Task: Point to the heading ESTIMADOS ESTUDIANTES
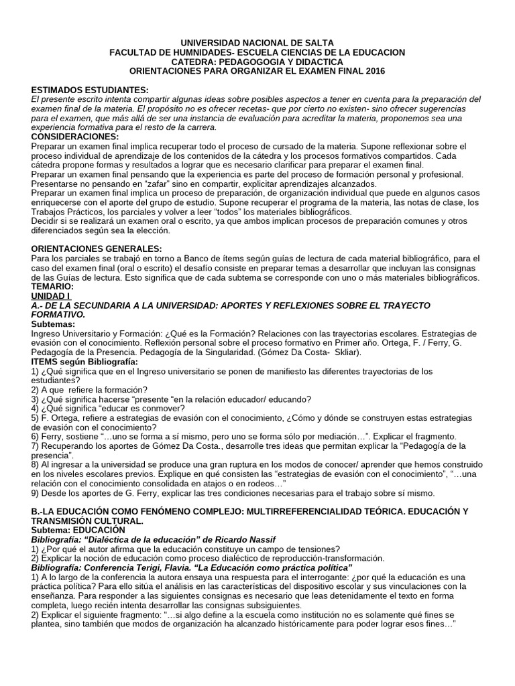[x=91, y=90]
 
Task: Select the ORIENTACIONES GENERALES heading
[x=97, y=249]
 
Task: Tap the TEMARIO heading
[x=53, y=286]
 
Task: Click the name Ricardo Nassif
[x=228, y=539]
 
